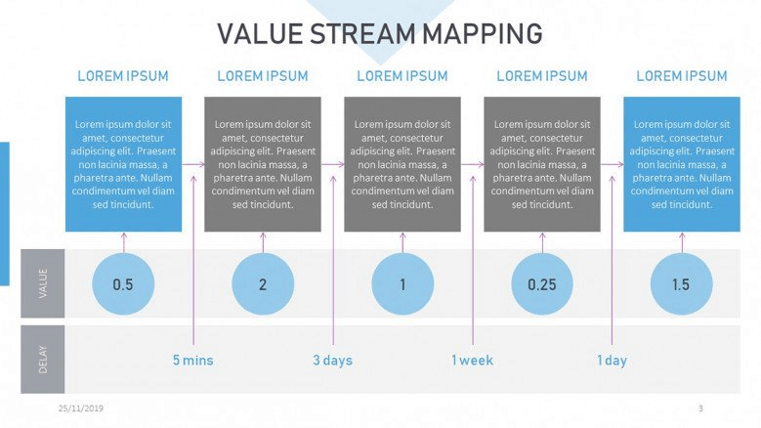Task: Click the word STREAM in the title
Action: click(362, 34)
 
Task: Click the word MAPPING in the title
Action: click(482, 34)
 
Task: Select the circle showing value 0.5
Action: click(123, 284)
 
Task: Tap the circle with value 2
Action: click(263, 284)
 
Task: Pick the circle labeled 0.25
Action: click(542, 284)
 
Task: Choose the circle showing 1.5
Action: click(682, 284)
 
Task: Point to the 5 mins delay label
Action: click(193, 361)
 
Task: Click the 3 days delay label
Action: click(333, 361)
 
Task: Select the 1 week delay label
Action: click(472, 361)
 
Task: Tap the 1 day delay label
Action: click(612, 361)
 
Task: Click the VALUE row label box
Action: click(43, 283)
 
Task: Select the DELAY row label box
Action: click(43, 359)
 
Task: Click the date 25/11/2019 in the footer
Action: click(81, 408)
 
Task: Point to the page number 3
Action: click(700, 408)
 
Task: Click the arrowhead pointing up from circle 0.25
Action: click(542, 235)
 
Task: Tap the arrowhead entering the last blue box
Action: click(620, 164)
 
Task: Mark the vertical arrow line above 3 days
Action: click(333, 260)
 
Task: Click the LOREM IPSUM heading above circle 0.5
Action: click(123, 76)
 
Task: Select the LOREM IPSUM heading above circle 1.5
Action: click(682, 76)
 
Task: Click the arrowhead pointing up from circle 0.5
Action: click(123, 235)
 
